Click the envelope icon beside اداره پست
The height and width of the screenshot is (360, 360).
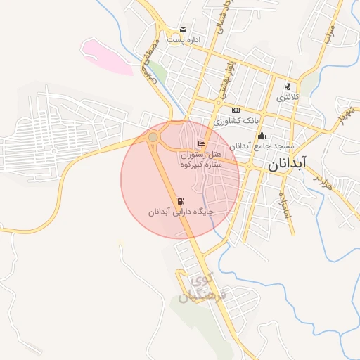[183, 29]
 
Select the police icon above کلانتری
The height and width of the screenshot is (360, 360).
[287, 87]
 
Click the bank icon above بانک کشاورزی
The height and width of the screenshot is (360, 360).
[236, 110]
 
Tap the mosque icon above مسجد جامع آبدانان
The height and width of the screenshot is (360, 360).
[262, 135]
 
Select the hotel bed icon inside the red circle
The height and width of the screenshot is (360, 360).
[202, 143]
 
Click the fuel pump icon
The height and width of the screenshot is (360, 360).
[182, 201]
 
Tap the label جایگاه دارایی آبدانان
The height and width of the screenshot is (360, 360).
[181, 212]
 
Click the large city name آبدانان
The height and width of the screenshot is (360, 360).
[287, 165]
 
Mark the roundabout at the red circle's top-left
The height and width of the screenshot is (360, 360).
[153, 137]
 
